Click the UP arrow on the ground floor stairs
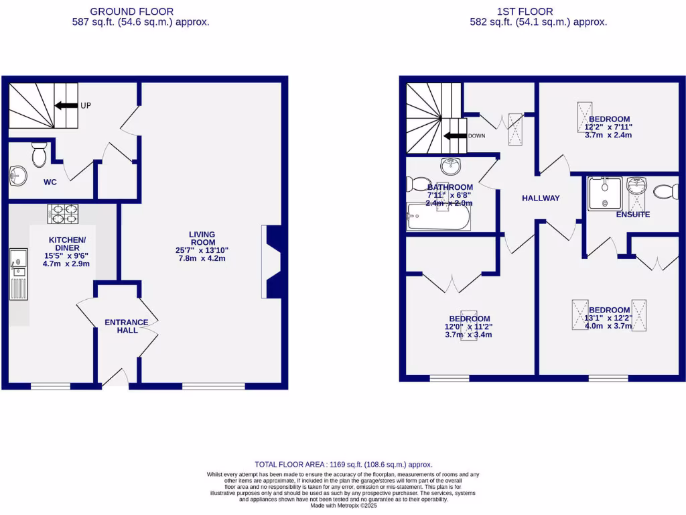tap(66, 105)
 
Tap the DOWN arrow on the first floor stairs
tap(456, 135)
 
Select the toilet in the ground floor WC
tap(40, 155)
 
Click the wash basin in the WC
tap(17, 176)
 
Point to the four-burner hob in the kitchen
tap(63, 213)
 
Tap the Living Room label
tap(202, 238)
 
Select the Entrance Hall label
tap(127, 326)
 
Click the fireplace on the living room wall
tap(273, 262)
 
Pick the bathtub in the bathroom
tap(439, 217)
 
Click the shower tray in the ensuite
tap(604, 194)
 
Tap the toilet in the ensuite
tap(666, 192)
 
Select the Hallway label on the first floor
tap(541, 198)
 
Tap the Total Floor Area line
tap(343, 464)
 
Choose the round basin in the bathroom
tap(450, 166)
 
